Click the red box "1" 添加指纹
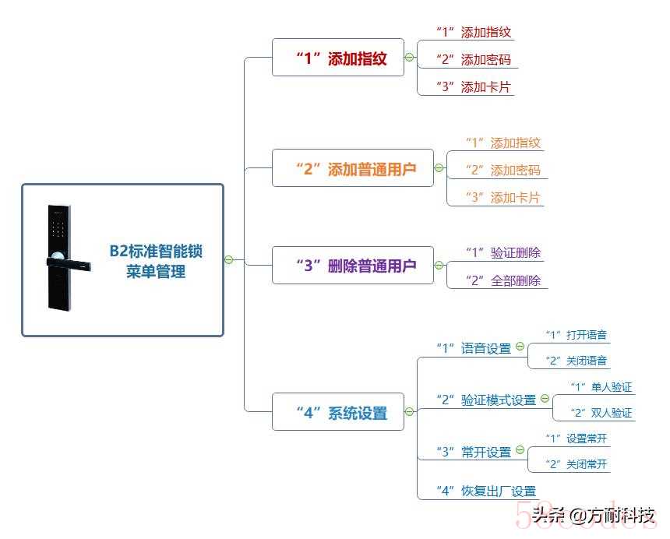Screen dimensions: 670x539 pos(338,57)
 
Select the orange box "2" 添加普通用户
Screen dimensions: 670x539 pos(353,167)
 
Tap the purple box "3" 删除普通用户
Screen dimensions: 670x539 pos(353,266)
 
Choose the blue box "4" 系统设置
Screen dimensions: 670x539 pos(338,412)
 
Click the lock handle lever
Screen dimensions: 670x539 pos(69,263)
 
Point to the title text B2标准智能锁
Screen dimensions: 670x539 pos(156,251)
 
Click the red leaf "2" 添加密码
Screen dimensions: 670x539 pos(474,59)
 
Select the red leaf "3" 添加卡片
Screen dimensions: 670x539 pos(474,86)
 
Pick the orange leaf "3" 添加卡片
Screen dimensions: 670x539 pos(503,197)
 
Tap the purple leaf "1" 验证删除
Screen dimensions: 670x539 pos(503,252)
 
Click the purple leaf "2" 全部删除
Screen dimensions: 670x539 pos(503,280)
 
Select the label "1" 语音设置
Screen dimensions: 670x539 pos(474,348)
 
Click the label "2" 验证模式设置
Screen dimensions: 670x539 pos(486,400)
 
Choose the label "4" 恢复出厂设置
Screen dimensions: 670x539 pos(486,491)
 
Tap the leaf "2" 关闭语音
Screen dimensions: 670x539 pos(576,361)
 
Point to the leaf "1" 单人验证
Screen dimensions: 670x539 pos(601,387)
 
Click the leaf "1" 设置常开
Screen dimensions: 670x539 pos(576,439)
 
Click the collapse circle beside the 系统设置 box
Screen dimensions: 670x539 pos(409,412)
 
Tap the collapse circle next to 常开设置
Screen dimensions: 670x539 pos(520,449)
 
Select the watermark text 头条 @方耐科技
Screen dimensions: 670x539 pos(594,516)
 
